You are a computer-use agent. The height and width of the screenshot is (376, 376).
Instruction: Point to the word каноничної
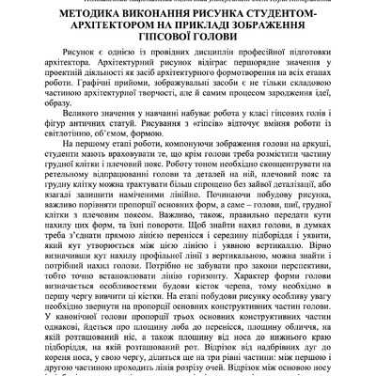(x=94, y=373)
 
